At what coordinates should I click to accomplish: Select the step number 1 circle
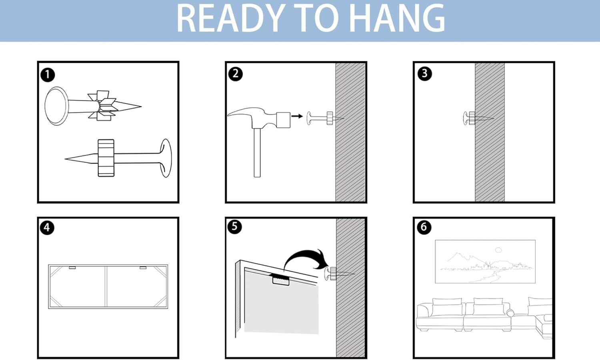[x=48, y=75]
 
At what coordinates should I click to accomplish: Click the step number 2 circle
[x=236, y=74]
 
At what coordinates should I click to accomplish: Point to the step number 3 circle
[x=424, y=73]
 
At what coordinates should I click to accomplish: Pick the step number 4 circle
[x=47, y=228]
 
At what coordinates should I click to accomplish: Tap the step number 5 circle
[x=235, y=227]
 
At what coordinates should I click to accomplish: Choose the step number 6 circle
[x=424, y=227]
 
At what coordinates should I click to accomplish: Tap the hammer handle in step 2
[x=257, y=153]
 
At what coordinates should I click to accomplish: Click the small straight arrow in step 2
[x=297, y=116]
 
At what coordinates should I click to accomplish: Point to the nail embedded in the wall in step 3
[x=478, y=118]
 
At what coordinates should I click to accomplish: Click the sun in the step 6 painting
[x=498, y=250]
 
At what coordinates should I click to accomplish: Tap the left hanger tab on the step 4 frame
[x=72, y=267]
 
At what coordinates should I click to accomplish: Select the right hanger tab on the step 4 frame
[x=143, y=267]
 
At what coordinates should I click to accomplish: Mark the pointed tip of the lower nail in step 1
[x=65, y=159]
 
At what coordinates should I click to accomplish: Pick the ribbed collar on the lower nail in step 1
[x=106, y=158]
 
